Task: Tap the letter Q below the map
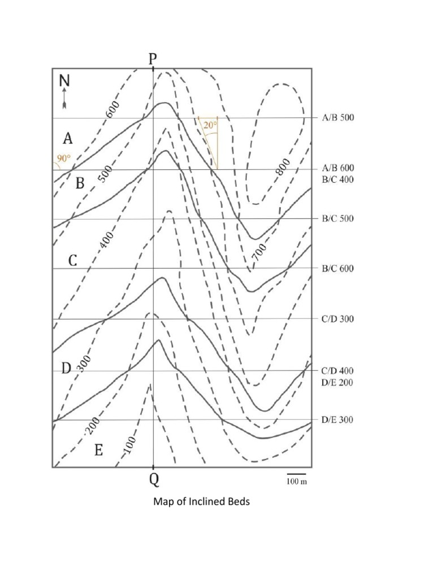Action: coord(154,481)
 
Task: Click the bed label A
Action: coord(68,138)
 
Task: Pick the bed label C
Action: coord(73,261)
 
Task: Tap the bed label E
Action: coord(98,450)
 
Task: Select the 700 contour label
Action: coord(259,251)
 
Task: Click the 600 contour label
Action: coord(112,109)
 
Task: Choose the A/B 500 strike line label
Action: coord(338,118)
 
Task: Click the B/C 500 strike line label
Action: coord(338,219)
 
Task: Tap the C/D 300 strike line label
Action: coord(338,319)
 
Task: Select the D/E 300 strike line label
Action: coord(338,420)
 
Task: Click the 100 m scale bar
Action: coord(296,474)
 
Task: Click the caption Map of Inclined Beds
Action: coord(202,502)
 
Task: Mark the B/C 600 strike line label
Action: coord(338,269)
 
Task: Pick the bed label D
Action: coord(66,369)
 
